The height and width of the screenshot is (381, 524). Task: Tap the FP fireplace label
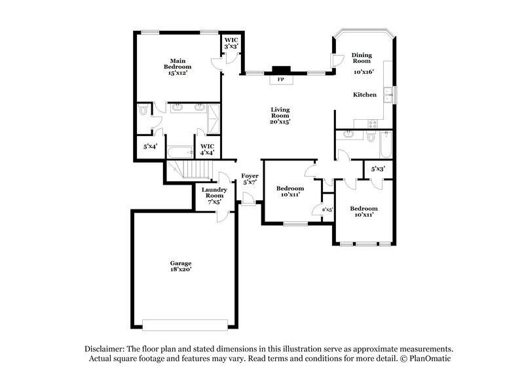coord(281,79)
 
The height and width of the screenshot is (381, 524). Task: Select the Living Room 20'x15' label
coord(280,115)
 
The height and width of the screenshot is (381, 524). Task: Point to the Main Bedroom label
coord(177,66)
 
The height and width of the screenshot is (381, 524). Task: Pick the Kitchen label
coord(365,95)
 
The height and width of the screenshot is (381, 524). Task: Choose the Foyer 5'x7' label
coord(250,179)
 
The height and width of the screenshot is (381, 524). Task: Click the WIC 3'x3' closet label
coord(231,43)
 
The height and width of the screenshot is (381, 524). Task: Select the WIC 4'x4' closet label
coord(207,149)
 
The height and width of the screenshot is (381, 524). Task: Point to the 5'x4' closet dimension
coord(150,147)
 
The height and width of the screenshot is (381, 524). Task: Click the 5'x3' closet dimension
coord(377,169)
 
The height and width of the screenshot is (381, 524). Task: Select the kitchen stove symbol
coord(374,122)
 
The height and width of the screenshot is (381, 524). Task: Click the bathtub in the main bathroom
coord(178,153)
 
